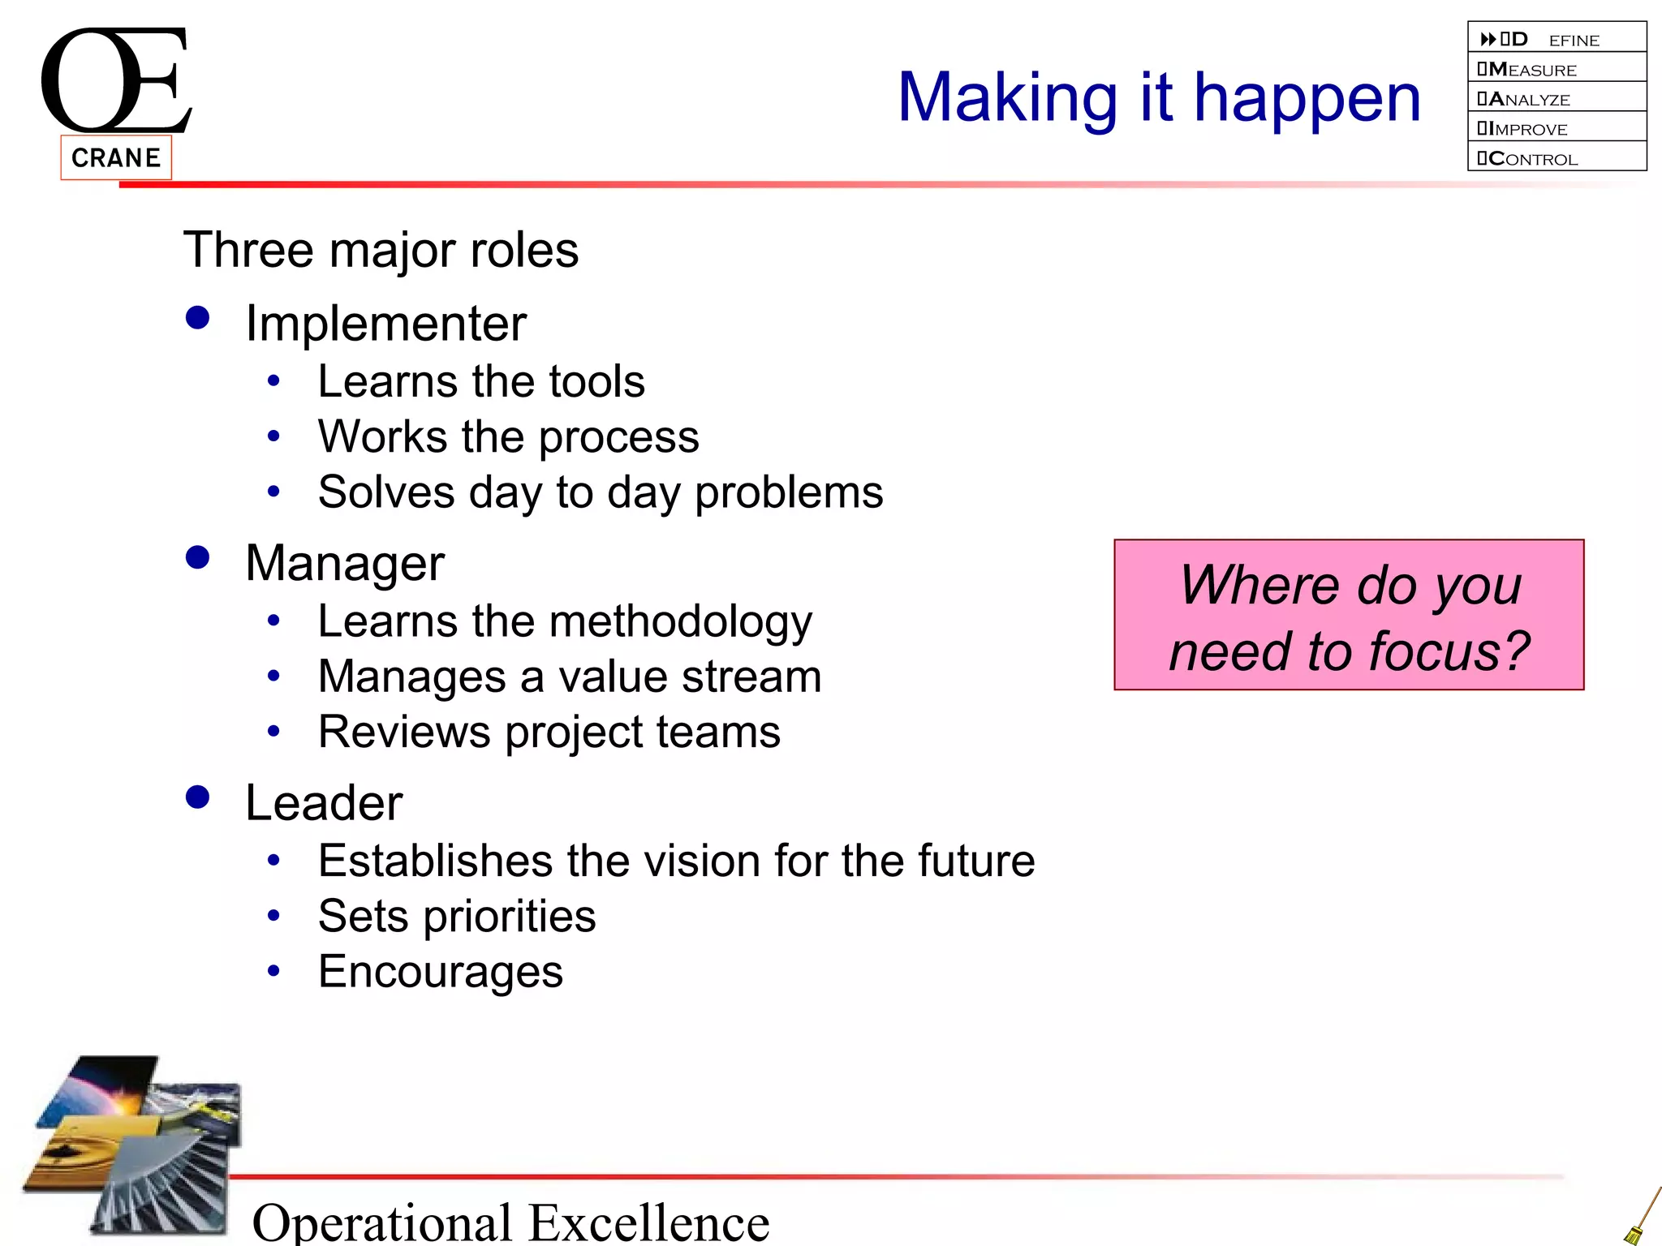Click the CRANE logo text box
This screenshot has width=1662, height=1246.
pos(116,157)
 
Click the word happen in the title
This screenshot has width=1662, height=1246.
pos(1307,99)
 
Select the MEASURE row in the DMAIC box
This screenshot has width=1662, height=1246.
pos(1557,69)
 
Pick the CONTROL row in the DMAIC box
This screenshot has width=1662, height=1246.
pos(1557,158)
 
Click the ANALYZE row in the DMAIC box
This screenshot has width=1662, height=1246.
pos(1557,99)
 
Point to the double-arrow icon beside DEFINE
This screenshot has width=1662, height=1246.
pos(1488,39)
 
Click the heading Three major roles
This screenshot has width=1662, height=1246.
pos(381,249)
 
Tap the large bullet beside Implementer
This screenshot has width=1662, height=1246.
pos(197,317)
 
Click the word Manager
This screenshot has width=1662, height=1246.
pos(345,563)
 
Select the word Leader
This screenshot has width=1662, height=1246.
pos(324,803)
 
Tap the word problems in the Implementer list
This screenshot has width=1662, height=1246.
pos(789,492)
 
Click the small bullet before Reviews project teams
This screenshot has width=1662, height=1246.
pos(273,732)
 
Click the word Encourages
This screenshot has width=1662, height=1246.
pos(441,971)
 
